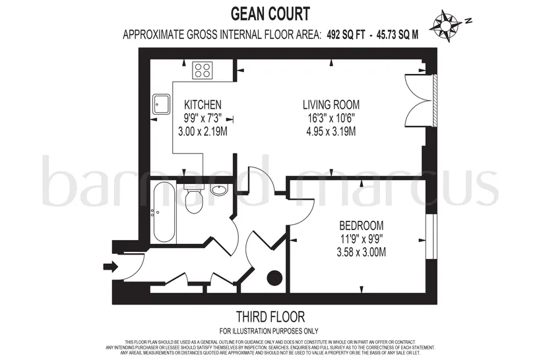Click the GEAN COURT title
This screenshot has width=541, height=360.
(270, 14)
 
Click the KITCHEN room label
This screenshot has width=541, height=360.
(203, 105)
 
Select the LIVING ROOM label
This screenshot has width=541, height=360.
(331, 105)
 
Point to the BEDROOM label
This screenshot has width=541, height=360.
(362, 226)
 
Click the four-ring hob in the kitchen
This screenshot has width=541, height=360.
(202, 71)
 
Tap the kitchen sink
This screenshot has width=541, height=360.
(161, 104)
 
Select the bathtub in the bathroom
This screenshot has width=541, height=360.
(164, 212)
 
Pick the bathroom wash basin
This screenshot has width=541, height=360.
(219, 190)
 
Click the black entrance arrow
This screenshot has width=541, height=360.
(110, 266)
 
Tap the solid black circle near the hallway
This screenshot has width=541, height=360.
(275, 278)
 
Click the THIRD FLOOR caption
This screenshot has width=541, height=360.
(270, 316)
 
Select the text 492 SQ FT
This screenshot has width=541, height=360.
(345, 34)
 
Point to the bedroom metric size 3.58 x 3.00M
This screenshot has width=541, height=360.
(362, 252)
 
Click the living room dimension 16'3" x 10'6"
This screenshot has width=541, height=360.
(331, 118)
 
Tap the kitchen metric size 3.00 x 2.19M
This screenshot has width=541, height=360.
(203, 131)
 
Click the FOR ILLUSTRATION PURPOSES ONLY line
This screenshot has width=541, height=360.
(269, 332)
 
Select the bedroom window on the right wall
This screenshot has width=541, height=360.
(431, 237)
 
